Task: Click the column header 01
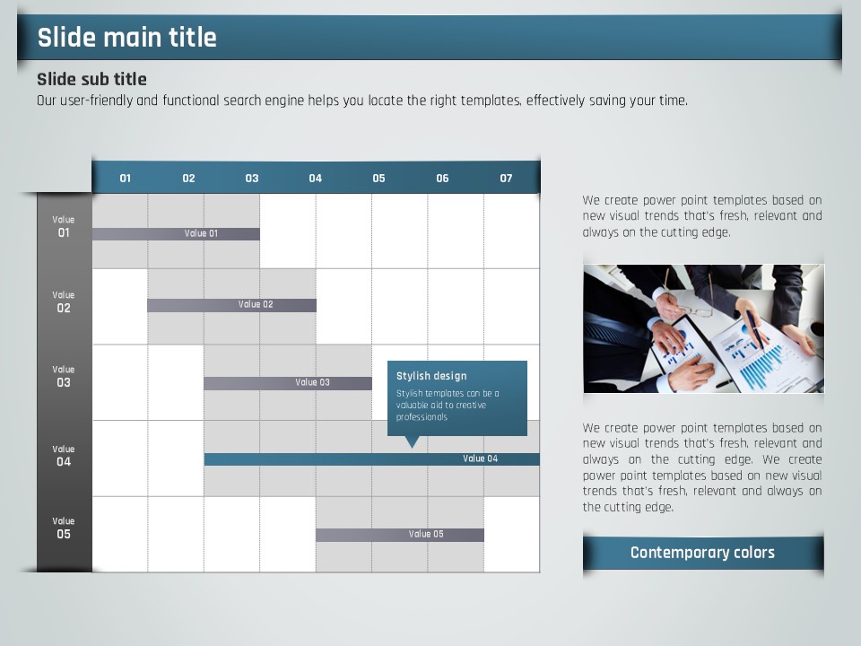click(126, 178)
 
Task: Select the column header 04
click(315, 178)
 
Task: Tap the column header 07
click(506, 178)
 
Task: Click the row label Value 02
click(63, 302)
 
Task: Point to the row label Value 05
click(63, 528)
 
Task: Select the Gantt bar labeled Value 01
click(177, 234)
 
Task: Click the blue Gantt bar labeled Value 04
click(371, 459)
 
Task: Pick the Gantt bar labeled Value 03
click(288, 383)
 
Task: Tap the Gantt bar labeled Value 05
click(400, 535)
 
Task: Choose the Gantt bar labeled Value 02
click(231, 305)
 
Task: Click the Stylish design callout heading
click(431, 376)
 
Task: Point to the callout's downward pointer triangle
click(412, 441)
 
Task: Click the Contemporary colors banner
click(703, 553)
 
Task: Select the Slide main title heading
click(126, 38)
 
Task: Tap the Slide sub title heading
click(91, 79)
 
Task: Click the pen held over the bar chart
click(755, 328)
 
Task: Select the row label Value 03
click(63, 377)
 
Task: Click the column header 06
click(442, 178)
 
